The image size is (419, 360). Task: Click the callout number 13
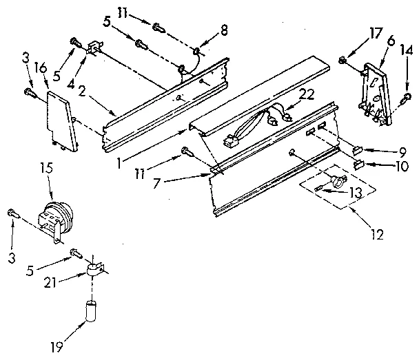pyautogui.click(x=354, y=193)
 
